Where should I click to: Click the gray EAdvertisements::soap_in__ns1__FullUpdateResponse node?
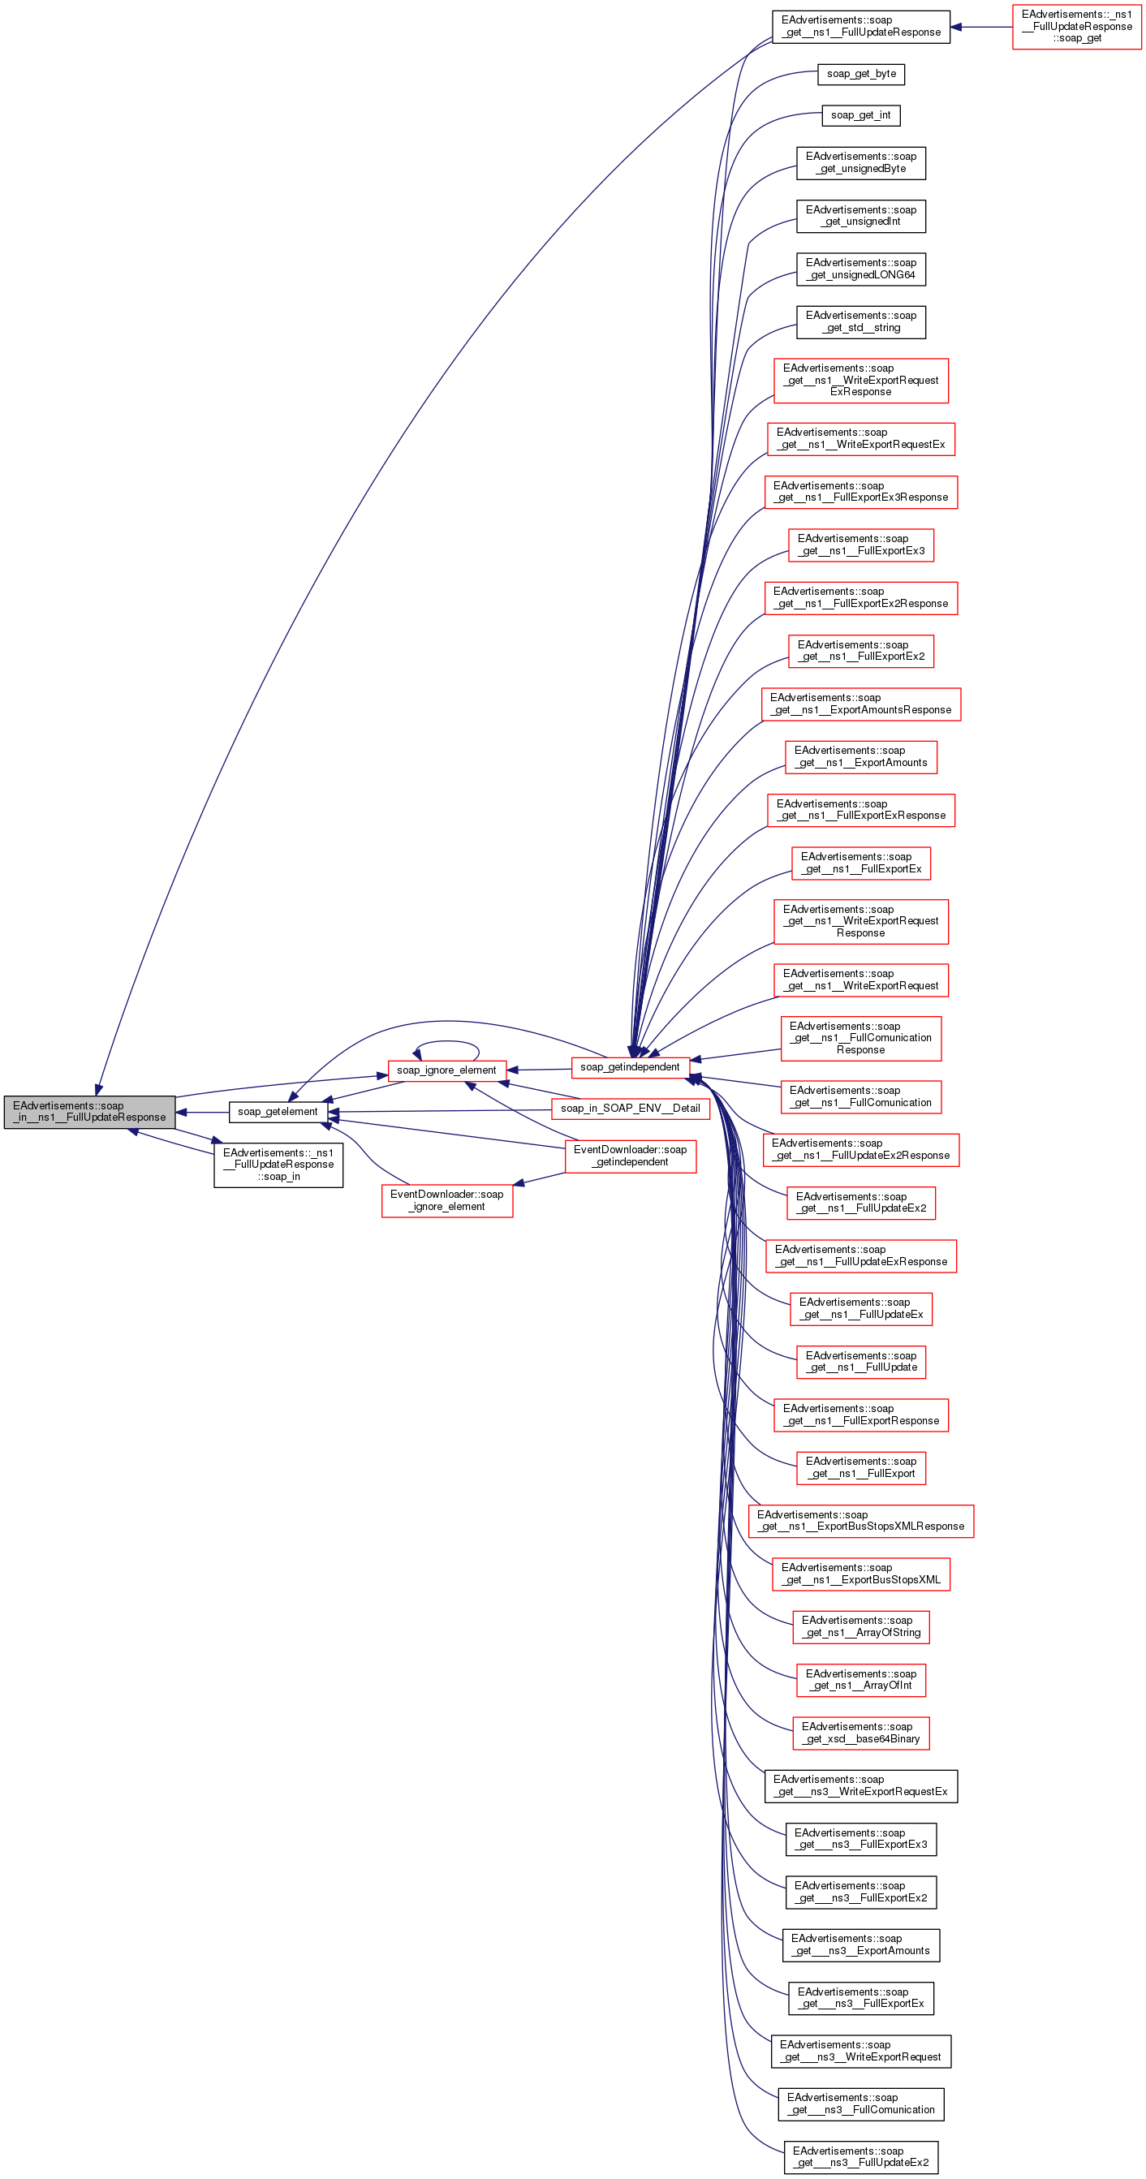[x=89, y=1112]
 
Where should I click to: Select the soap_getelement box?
[x=278, y=1112]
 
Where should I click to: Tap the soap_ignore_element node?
[x=446, y=1070]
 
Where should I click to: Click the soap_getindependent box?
[x=630, y=1066]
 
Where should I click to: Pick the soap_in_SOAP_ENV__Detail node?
[x=630, y=1108]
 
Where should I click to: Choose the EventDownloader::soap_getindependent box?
[x=630, y=1156]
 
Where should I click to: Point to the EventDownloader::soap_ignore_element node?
[x=446, y=1200]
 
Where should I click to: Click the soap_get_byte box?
[x=861, y=74]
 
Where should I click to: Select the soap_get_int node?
[x=861, y=115]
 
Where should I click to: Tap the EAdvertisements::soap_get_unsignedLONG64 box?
[x=861, y=269]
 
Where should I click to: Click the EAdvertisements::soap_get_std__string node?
[x=861, y=322]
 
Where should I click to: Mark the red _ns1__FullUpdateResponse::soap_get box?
[x=1077, y=26]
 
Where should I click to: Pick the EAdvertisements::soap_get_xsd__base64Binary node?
[x=861, y=1733]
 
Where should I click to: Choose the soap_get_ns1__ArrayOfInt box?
[x=861, y=1679]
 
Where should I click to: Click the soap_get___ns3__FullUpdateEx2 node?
[x=861, y=2156]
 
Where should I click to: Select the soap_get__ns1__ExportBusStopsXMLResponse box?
[x=861, y=1520]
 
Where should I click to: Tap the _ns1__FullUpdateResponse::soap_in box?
[x=278, y=1165]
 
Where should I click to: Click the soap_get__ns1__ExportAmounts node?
[x=861, y=756]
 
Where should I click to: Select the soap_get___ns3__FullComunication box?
[x=861, y=2104]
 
